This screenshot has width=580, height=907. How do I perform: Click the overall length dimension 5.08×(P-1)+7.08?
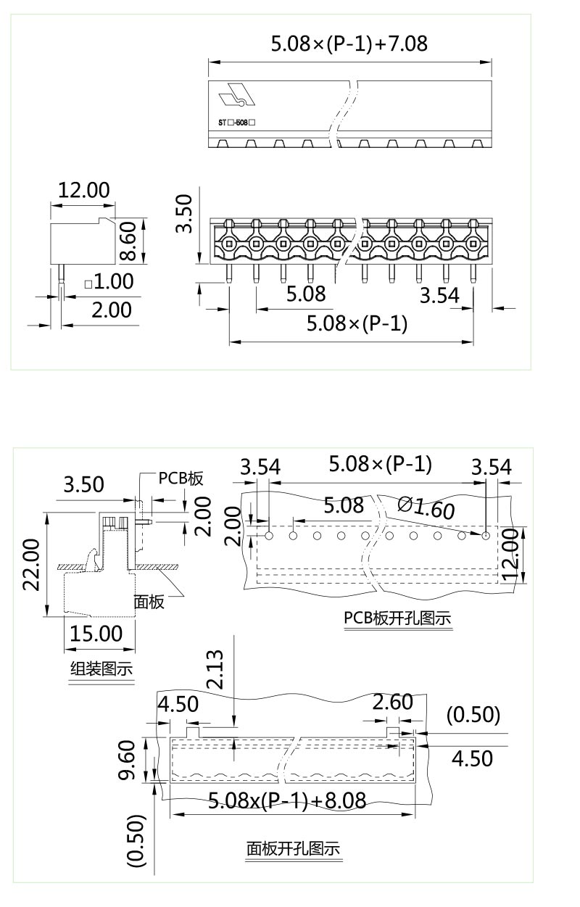click(349, 44)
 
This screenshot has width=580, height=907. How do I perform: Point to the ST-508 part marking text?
click(237, 123)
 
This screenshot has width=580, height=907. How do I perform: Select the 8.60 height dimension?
click(128, 241)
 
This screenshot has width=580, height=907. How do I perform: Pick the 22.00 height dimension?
click(30, 565)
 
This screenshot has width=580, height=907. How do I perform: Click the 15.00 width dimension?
click(95, 633)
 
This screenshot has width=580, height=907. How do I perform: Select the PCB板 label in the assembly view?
click(181, 479)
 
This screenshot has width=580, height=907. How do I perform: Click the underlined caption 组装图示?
click(101, 668)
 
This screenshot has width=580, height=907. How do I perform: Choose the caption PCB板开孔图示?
click(397, 618)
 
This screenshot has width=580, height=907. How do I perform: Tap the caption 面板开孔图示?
click(293, 848)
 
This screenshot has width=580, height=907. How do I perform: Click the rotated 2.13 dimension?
click(215, 671)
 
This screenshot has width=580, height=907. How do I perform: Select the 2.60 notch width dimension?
click(392, 702)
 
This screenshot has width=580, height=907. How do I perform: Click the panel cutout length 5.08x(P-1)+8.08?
click(286, 800)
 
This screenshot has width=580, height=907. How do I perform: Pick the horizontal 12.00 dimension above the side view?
click(83, 190)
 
